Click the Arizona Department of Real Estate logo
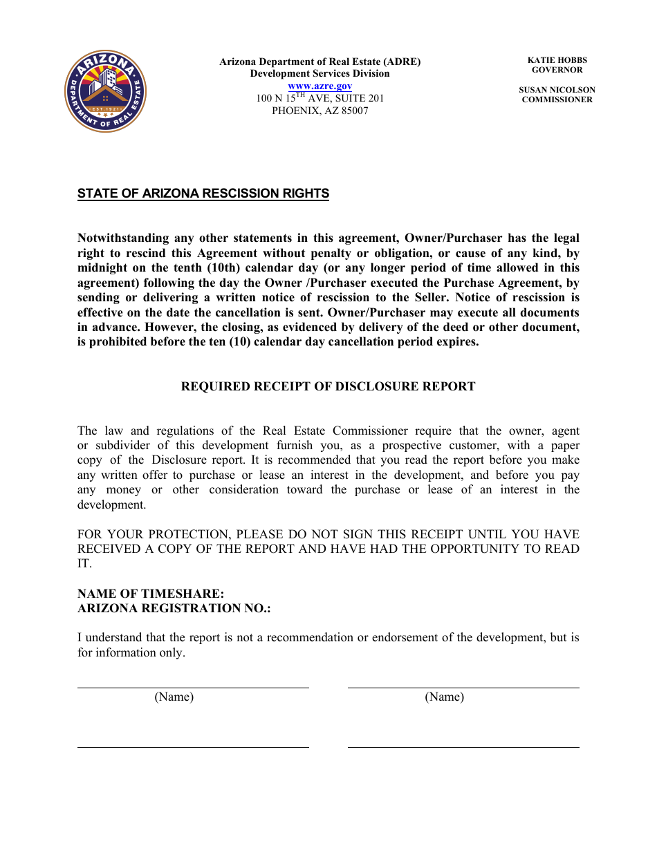point(105,91)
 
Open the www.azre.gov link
point(320,86)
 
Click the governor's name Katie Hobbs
point(557,60)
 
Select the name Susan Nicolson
point(557,90)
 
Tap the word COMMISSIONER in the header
point(557,100)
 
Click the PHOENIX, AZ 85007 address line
point(320,111)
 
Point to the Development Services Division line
point(320,73)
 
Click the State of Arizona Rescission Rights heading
point(203,193)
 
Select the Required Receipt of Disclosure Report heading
point(328,386)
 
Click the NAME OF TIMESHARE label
point(151,594)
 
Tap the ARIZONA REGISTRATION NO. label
point(174,608)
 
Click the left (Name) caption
point(174,697)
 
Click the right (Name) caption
point(444,697)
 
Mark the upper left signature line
point(192,688)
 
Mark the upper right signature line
point(463,688)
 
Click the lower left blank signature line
point(192,747)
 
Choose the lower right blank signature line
point(463,747)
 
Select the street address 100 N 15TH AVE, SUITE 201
point(320,98)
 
